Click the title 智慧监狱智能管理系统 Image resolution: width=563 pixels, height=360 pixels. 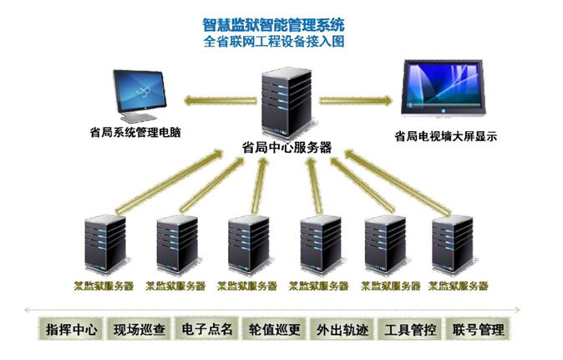273,24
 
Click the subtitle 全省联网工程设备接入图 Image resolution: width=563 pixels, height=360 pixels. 273,41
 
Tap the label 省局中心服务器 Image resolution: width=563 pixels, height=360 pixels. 287,147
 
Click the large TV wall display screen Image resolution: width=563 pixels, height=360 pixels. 444,87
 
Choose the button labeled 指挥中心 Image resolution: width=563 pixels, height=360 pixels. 71,329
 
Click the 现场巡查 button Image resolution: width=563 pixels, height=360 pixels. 139,329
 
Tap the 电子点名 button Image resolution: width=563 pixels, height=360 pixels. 207,329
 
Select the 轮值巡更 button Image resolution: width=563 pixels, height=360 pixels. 275,329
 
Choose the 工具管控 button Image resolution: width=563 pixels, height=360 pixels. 409,329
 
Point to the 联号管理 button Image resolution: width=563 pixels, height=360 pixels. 477,329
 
